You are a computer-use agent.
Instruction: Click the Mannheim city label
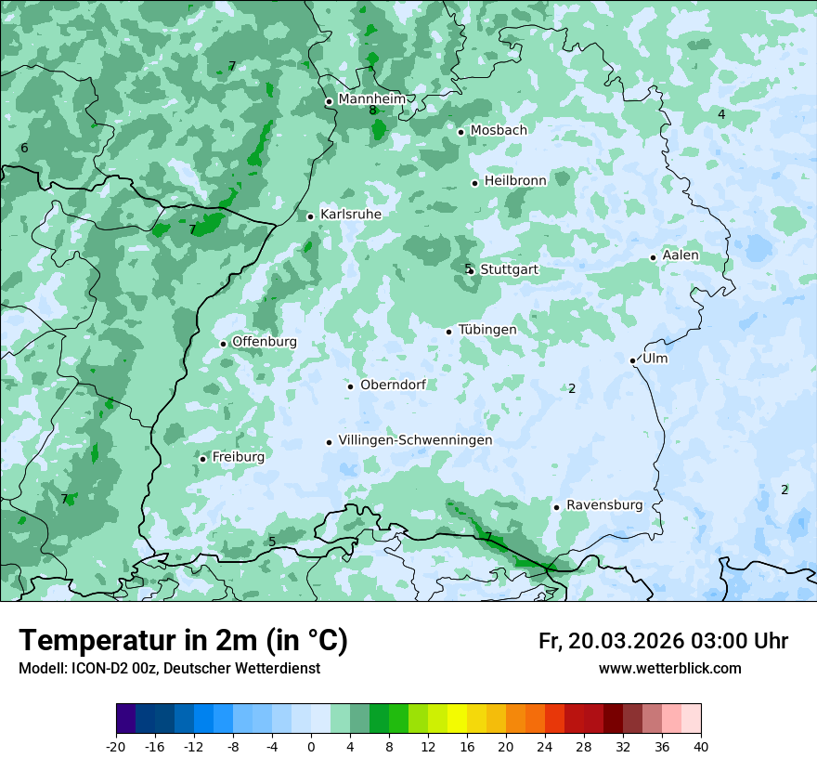point(372,98)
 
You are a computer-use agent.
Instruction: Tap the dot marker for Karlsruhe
point(311,216)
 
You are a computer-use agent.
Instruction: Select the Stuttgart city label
point(509,269)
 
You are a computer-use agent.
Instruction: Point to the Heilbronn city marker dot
point(475,183)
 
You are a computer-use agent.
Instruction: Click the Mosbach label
point(499,130)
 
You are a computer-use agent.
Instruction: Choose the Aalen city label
point(681,255)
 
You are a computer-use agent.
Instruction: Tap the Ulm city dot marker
point(633,360)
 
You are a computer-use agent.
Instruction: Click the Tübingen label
point(487,330)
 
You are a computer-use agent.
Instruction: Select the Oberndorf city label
point(393,385)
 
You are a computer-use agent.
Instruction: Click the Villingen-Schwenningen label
point(415,440)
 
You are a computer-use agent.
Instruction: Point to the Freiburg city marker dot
point(202,459)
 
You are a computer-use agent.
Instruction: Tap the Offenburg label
point(265,342)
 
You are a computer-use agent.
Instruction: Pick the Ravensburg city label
point(604,505)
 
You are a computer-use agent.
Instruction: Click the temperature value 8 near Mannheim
point(372,111)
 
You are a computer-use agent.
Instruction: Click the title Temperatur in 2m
point(183,640)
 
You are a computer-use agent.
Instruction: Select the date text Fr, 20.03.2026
point(610,641)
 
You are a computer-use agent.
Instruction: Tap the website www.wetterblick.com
point(669,668)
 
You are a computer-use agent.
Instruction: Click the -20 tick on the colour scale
point(116,747)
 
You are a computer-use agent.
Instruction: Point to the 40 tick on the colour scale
point(700,747)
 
